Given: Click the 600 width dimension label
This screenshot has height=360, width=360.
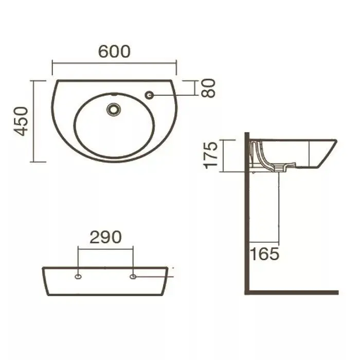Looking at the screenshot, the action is [114, 51].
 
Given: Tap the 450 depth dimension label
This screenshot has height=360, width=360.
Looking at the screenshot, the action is [21, 121].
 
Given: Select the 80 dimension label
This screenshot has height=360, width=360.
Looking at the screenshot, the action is [208, 88].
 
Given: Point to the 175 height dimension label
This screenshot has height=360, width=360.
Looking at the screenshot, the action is [211, 155].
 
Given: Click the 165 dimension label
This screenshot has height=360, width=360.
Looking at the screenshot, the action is [264, 254].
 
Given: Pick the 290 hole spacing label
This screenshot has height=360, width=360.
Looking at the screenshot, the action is [105, 237].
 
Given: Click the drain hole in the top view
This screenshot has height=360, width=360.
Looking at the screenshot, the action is [114, 110].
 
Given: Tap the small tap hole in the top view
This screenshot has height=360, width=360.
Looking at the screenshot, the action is [150, 95].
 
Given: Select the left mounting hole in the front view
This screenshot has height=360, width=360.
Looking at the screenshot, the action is [78, 277].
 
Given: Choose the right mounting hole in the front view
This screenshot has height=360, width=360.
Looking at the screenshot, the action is [133, 277].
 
